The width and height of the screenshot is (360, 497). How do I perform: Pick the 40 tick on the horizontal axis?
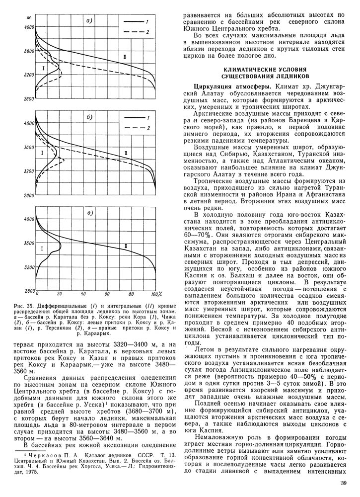point(83,294)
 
